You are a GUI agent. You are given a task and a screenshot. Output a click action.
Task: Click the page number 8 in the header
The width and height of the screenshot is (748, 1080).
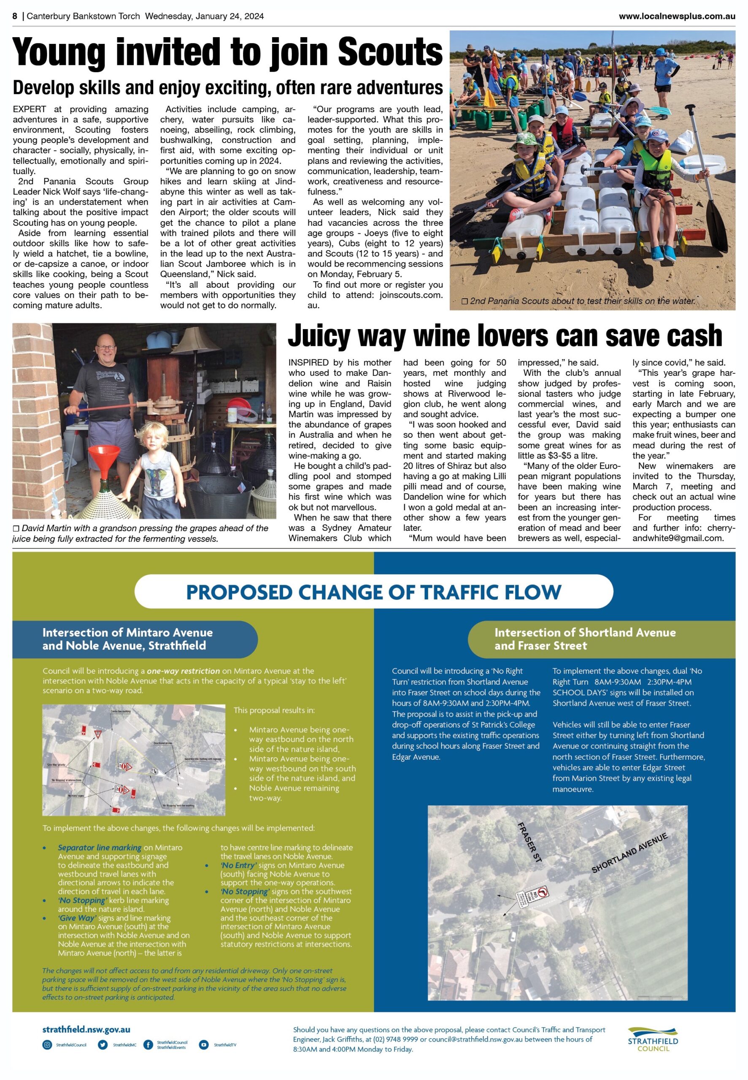point(15,16)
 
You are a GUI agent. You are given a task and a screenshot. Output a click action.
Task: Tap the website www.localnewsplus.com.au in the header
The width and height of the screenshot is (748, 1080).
point(676,16)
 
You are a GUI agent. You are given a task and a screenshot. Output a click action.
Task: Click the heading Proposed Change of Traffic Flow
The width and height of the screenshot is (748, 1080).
point(373,592)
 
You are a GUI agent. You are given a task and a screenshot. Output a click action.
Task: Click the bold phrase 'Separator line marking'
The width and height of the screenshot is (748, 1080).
point(100,847)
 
